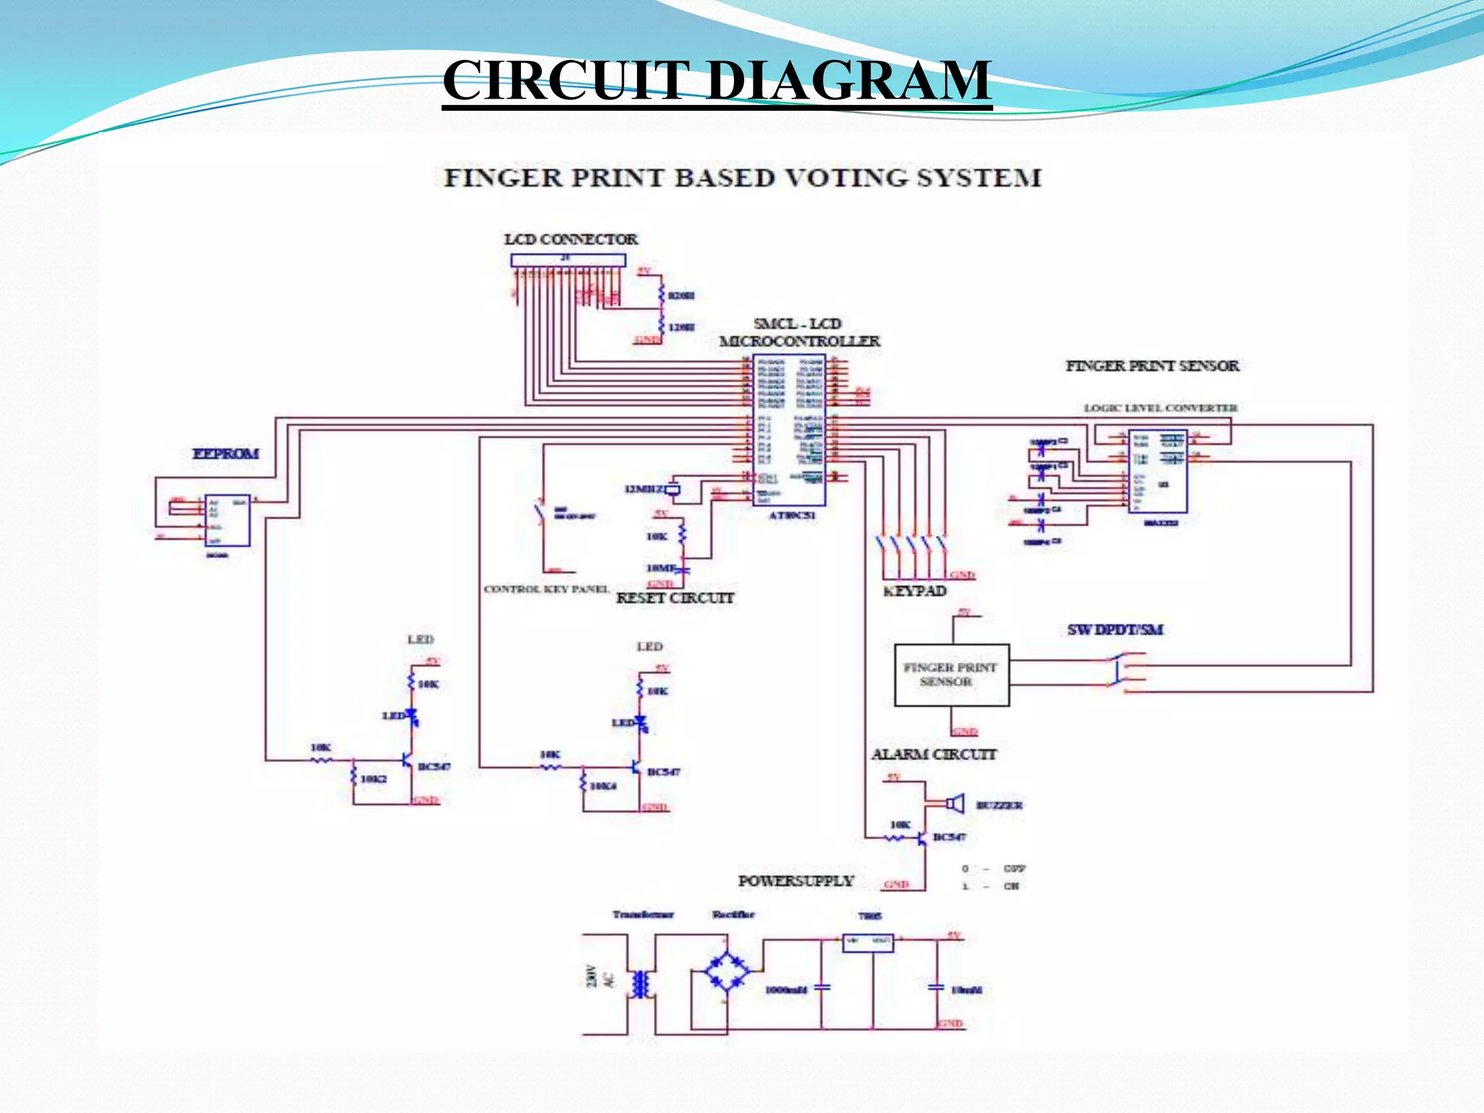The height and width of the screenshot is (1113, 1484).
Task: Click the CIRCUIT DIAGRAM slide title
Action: point(717,80)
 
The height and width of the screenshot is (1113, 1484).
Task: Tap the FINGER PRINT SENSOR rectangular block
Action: point(951,675)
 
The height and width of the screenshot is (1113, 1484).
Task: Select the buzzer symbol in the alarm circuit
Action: point(956,804)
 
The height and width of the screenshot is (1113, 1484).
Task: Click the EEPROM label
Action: point(225,454)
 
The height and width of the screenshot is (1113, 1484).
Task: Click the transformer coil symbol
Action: point(640,984)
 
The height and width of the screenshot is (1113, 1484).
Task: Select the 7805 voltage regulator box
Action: point(868,942)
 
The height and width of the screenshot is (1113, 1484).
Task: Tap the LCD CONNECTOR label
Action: point(571,239)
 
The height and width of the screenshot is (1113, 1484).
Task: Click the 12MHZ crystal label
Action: point(643,489)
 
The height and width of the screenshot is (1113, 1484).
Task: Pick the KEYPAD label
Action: point(914,591)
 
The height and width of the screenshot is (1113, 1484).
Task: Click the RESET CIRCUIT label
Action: point(675,598)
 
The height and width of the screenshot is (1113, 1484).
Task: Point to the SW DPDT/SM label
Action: point(1114,630)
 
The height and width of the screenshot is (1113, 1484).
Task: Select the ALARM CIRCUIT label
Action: point(934,754)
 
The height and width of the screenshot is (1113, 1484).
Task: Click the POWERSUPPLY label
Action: point(796,881)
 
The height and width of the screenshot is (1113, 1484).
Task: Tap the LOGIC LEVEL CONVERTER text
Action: point(1160,408)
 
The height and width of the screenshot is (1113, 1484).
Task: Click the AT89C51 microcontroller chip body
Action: point(789,430)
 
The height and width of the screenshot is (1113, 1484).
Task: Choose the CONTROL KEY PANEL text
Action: point(546,589)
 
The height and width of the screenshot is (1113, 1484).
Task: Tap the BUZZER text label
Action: point(999,805)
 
